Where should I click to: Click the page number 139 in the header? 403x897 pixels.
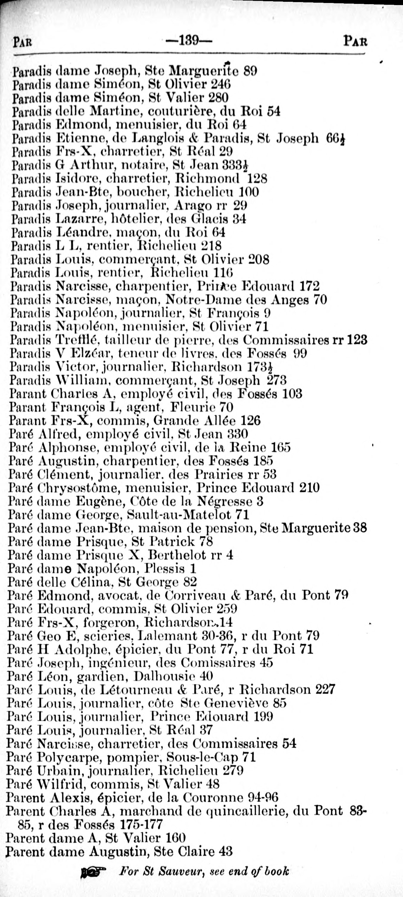pos(189,41)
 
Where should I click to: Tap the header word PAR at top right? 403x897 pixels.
pos(355,41)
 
